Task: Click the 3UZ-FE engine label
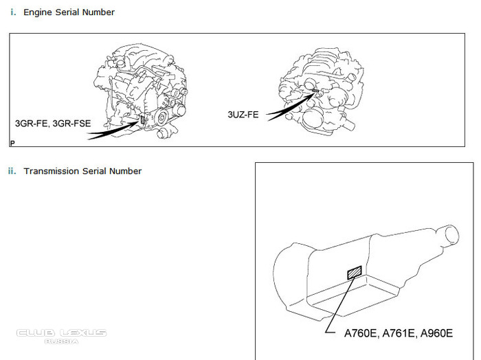click(x=243, y=115)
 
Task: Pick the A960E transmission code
click(x=435, y=334)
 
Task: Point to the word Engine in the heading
click(x=38, y=12)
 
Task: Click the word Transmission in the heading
click(x=52, y=171)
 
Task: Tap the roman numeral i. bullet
click(x=14, y=12)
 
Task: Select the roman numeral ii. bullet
click(x=12, y=171)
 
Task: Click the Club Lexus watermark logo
click(x=62, y=335)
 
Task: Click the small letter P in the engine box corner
click(x=12, y=143)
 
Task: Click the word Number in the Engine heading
click(x=100, y=12)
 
